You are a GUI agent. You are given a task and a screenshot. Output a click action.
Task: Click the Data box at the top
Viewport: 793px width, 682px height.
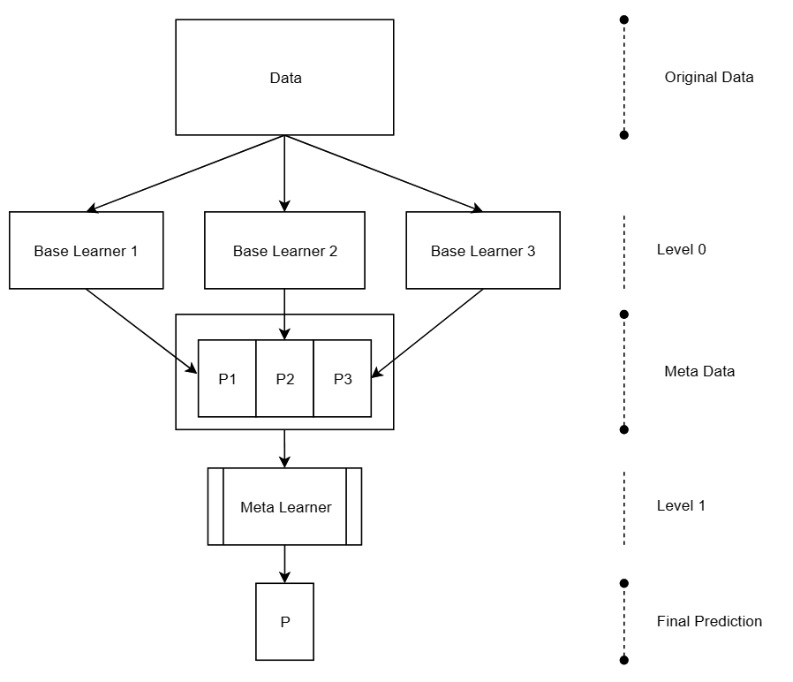tap(284, 78)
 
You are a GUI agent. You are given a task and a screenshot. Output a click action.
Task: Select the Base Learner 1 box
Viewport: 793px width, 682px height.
tap(86, 251)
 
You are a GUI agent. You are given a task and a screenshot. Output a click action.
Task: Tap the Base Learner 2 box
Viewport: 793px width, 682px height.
tap(284, 251)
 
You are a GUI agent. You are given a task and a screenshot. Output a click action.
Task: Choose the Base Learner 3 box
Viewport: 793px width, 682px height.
tap(482, 251)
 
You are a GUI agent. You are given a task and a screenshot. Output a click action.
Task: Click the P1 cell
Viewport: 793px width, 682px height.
tap(227, 379)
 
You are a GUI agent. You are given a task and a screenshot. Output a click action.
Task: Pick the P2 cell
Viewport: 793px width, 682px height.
tap(284, 379)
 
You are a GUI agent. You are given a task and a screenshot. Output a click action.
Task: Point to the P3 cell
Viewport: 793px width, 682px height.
tap(343, 379)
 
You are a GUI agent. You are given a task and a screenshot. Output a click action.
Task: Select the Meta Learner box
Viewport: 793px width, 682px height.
tap(284, 507)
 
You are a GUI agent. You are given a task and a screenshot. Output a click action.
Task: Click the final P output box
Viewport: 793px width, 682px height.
tap(284, 622)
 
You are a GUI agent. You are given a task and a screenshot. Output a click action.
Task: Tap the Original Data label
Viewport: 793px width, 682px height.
tap(709, 77)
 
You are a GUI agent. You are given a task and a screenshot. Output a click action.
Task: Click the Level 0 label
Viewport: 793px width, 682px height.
tap(681, 249)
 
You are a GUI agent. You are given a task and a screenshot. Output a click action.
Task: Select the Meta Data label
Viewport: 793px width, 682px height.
tap(699, 371)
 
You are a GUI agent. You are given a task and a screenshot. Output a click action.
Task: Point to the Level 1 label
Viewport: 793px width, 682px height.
tap(681, 506)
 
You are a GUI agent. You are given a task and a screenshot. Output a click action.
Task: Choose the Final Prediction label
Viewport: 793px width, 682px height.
tap(709, 621)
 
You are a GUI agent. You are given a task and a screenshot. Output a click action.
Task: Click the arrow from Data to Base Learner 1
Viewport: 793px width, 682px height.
tap(185, 174)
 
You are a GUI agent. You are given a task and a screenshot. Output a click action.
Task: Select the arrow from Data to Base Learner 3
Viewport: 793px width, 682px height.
tap(383, 174)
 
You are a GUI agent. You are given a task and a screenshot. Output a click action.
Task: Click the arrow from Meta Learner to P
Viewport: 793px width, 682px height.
tap(284, 564)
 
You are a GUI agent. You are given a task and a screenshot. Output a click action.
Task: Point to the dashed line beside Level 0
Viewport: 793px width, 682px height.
tap(624, 252)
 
